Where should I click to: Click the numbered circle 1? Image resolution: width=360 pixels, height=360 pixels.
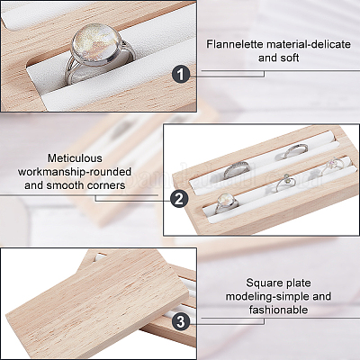(x=181, y=75)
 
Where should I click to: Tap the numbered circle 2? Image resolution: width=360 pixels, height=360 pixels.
(x=179, y=199)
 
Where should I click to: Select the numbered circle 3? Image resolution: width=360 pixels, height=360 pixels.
(x=181, y=322)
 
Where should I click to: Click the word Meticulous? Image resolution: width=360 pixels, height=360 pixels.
(x=75, y=158)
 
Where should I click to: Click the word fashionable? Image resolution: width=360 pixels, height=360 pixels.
(x=278, y=310)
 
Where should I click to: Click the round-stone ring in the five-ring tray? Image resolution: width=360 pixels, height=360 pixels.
(x=227, y=202)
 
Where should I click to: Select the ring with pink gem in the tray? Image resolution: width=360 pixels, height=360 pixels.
(x=332, y=166)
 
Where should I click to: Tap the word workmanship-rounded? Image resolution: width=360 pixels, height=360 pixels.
(x=75, y=172)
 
